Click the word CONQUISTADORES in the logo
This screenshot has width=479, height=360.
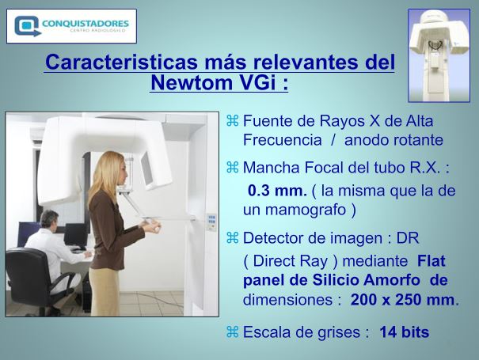(x=86, y=24)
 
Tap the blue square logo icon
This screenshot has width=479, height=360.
(x=27, y=26)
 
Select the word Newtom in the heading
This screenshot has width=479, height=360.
(x=189, y=82)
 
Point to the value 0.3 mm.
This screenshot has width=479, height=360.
(x=277, y=191)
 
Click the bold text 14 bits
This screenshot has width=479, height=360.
(x=404, y=332)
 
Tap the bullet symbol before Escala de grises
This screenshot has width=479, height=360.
(x=232, y=332)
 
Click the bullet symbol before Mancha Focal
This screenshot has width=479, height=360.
(x=232, y=167)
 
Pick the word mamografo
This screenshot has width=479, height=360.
(x=305, y=210)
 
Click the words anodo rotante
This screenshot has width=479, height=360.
(x=393, y=140)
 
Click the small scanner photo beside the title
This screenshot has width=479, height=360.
(x=439, y=55)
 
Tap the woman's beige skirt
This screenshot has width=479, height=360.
(x=105, y=292)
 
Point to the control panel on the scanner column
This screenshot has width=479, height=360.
(x=211, y=222)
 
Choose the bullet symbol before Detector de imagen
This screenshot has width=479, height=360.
(x=232, y=237)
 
